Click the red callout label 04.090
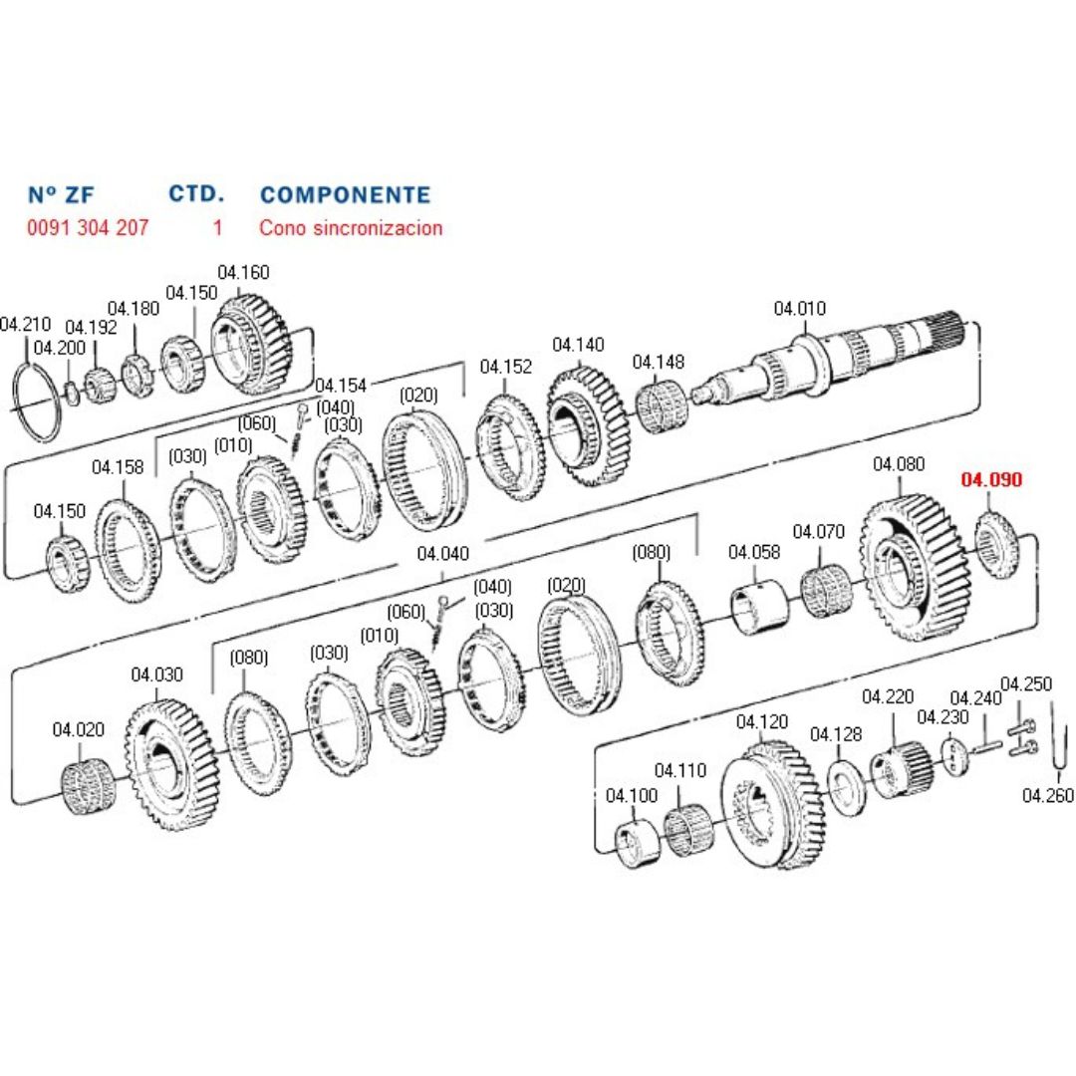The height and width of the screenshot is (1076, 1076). [x=991, y=480]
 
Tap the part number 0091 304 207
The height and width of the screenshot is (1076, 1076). [x=88, y=227]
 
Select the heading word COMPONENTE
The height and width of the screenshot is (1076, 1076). [x=345, y=194]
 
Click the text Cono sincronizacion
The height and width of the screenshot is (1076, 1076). [x=351, y=227]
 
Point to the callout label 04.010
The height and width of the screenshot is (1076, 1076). [x=799, y=309]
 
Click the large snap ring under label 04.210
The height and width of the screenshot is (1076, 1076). [x=37, y=401]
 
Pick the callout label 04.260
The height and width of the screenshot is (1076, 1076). [x=1048, y=795]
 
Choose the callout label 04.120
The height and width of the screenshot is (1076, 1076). [x=762, y=722]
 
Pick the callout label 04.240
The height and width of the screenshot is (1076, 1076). [x=975, y=698]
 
